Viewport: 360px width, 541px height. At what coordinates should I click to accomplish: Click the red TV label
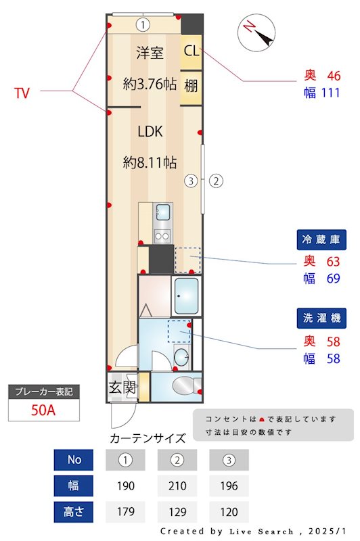(x=22, y=93)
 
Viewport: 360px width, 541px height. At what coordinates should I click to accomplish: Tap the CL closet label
(x=192, y=50)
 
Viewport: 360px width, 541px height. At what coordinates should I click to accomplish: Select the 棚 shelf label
(x=192, y=86)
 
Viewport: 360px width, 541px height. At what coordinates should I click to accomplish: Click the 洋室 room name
(x=150, y=53)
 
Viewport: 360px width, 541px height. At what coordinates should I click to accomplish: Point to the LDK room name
(x=150, y=131)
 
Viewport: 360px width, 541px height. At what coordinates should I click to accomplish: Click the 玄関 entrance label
(x=122, y=388)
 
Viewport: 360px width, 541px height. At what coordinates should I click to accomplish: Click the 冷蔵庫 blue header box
(x=322, y=239)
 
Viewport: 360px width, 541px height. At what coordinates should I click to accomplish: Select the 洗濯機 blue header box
(x=322, y=319)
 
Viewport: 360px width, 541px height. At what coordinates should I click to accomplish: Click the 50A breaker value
(x=43, y=410)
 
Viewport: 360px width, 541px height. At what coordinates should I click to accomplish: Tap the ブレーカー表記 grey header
(x=43, y=392)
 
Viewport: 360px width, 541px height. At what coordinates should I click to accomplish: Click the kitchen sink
(x=162, y=212)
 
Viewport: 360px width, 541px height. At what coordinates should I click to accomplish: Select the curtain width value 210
(x=177, y=486)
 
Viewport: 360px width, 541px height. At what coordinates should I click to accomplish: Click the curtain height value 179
(x=126, y=511)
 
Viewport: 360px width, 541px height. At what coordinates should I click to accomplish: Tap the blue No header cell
(x=74, y=460)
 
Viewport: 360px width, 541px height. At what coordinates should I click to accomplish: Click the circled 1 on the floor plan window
(x=142, y=25)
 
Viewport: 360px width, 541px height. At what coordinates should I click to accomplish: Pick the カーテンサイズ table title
(x=148, y=438)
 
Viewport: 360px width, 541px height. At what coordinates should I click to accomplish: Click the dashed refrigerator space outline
(x=187, y=260)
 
